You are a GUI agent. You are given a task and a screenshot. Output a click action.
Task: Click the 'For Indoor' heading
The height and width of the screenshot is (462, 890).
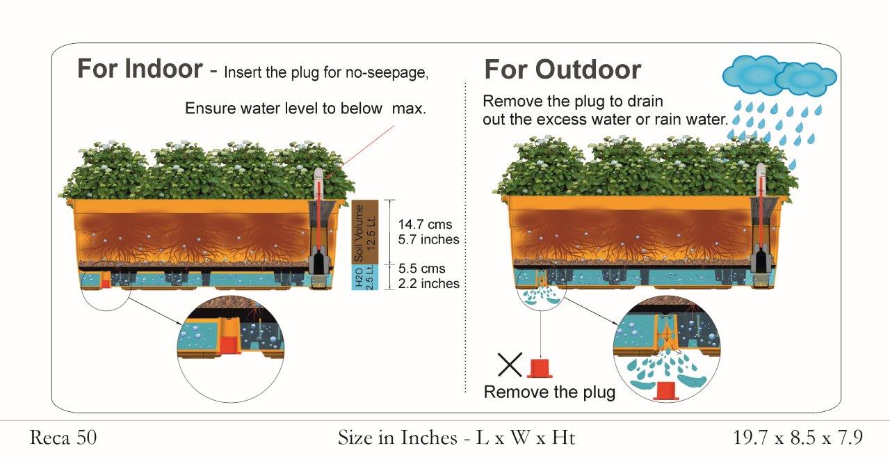[x=140, y=68]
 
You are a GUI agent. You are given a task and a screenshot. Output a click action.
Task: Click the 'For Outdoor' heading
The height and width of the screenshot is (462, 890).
[x=563, y=70]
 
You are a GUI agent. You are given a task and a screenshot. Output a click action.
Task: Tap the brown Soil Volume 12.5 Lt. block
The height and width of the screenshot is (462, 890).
[x=365, y=232]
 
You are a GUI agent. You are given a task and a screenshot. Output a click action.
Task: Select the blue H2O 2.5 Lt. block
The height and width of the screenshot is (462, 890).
[x=365, y=277]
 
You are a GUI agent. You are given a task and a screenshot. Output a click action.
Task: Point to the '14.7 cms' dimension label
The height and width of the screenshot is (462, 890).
[x=425, y=224]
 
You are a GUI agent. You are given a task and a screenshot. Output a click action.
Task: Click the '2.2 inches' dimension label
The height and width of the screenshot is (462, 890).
[x=429, y=283]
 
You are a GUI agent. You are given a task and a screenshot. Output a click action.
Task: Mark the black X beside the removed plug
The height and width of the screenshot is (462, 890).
[x=510, y=365]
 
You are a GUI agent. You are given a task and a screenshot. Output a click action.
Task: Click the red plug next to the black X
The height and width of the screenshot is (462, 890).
[x=540, y=368]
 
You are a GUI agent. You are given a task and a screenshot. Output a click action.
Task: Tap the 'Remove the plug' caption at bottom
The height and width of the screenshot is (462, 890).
[x=549, y=392]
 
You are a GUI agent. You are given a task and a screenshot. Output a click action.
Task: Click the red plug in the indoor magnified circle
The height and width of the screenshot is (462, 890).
[x=230, y=345]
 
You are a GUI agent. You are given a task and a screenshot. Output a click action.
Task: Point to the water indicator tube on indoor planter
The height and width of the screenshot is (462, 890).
[x=319, y=222]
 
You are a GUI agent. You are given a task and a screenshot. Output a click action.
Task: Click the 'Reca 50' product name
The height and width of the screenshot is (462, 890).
[x=63, y=438]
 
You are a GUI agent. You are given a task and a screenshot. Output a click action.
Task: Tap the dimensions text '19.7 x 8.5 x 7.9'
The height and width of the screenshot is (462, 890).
[x=798, y=438]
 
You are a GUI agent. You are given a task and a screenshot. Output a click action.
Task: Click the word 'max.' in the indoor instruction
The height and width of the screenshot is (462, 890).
[x=409, y=109]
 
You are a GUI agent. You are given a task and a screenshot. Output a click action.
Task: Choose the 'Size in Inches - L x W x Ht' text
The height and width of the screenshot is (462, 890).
[x=457, y=438]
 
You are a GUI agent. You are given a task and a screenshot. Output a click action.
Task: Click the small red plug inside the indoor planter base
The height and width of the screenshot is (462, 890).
[x=105, y=283]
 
